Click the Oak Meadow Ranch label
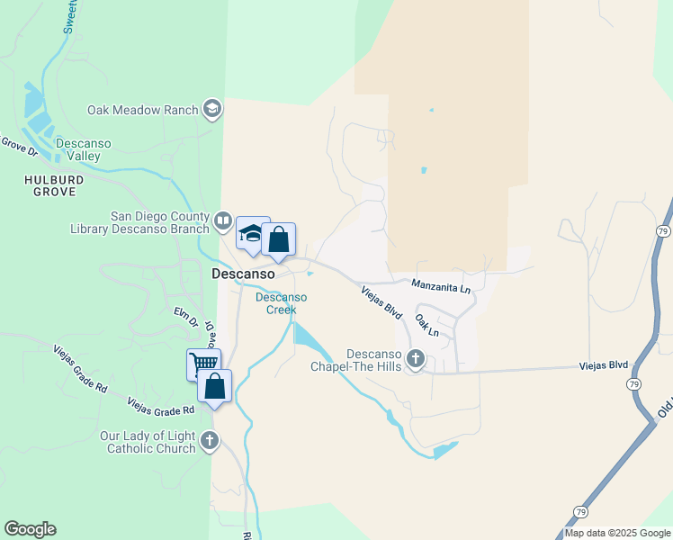[x=141, y=110]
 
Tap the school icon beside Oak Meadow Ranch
[x=213, y=110]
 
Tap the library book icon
[x=223, y=220]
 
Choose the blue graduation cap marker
[x=253, y=234]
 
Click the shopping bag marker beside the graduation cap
[x=279, y=240]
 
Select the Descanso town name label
[x=242, y=273]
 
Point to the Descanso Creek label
[x=281, y=303]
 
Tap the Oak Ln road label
[x=427, y=326]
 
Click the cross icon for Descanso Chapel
[x=415, y=360]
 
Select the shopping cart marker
[x=204, y=364]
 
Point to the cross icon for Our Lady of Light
[x=210, y=441]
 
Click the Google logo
[x=30, y=529]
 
